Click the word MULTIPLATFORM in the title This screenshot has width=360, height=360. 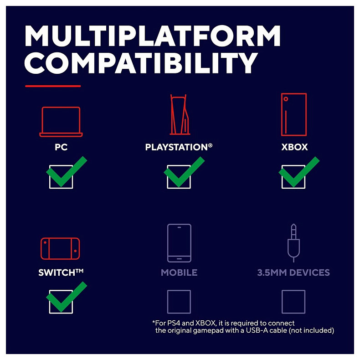click(153, 36)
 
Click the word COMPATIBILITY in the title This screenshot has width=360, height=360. click(141, 63)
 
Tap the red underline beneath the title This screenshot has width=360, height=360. click(53, 86)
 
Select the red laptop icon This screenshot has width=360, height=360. click(61, 122)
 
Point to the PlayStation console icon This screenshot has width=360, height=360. click(180, 114)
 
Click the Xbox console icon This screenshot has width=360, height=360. click(294, 114)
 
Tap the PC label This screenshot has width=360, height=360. click(61, 147)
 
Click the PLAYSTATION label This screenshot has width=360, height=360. click(179, 147)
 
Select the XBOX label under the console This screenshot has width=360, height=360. click(294, 147)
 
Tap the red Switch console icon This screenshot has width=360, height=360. click(60, 249)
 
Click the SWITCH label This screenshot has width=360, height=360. click(61, 273)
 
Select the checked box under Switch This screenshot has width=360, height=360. click(61, 302)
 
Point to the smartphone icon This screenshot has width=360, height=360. click(179, 243)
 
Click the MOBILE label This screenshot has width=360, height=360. click(179, 273)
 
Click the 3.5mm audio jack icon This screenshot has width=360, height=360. click(293, 243)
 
